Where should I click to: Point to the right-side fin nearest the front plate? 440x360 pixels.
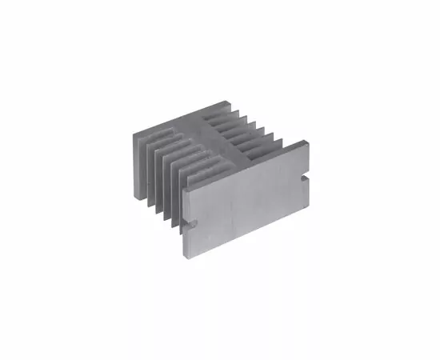(280, 143)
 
